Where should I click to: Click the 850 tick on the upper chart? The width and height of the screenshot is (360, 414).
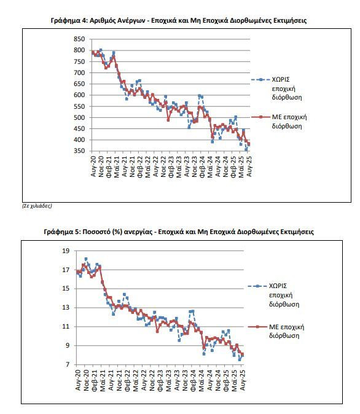(x=79, y=39)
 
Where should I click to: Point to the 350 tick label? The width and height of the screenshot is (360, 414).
(x=79, y=151)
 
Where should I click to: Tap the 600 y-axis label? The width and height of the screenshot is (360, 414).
(x=79, y=95)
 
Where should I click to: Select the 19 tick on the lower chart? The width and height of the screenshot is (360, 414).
(x=66, y=251)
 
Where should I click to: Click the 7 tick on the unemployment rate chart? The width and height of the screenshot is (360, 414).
(x=68, y=365)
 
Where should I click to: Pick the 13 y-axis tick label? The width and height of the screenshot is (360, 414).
(x=66, y=308)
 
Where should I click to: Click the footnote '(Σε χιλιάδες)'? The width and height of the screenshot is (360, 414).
(x=37, y=206)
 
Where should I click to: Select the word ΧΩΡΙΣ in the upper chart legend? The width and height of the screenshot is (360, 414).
(x=281, y=79)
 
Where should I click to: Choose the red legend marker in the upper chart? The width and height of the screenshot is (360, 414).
(x=260, y=117)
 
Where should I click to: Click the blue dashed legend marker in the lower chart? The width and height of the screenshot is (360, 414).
(x=257, y=286)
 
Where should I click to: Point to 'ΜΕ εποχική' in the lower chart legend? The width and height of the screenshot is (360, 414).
(x=286, y=327)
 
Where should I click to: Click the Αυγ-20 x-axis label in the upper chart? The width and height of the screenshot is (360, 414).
(x=93, y=166)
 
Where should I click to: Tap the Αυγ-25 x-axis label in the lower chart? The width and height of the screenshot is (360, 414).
(x=243, y=380)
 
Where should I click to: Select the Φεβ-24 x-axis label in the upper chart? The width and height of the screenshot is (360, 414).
(x=203, y=166)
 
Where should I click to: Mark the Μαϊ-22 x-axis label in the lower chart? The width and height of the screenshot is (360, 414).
(x=136, y=380)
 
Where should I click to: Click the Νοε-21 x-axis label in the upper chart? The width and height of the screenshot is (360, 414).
(x=132, y=166)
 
